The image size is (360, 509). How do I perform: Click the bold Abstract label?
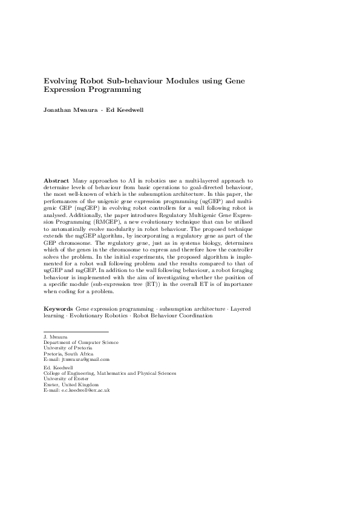tap(57, 180)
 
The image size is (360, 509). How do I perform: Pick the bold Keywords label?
tap(59, 309)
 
